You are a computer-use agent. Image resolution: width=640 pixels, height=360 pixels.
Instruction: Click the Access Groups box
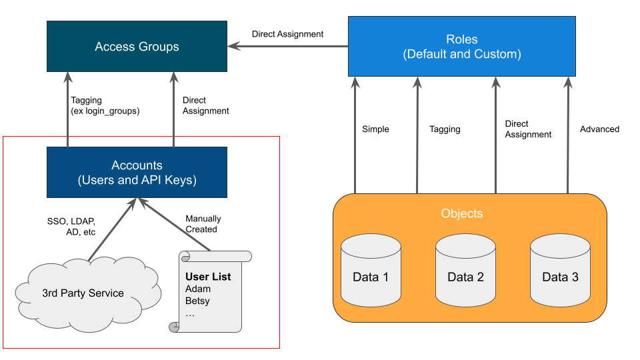[x=137, y=47]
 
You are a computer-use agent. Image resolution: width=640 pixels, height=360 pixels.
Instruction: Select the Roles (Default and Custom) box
[x=461, y=47]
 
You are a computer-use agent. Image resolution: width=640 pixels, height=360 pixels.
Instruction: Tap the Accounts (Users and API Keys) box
[x=137, y=173]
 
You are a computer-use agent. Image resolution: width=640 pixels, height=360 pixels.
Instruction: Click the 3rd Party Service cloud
[x=83, y=293]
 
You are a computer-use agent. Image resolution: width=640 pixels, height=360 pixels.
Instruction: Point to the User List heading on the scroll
[x=208, y=277]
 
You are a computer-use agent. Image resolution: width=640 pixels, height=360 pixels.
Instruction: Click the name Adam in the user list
[x=198, y=289]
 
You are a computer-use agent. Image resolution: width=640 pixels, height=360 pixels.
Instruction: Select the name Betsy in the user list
[x=198, y=301]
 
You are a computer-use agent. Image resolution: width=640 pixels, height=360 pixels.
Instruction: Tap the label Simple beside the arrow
[x=375, y=129]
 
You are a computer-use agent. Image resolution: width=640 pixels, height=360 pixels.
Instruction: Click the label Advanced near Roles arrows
[x=599, y=129]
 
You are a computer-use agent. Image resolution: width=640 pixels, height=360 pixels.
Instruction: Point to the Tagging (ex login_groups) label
[x=105, y=106]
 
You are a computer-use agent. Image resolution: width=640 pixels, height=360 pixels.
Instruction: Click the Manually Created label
[x=203, y=224]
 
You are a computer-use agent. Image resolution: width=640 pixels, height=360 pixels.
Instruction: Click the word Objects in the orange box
[x=461, y=214]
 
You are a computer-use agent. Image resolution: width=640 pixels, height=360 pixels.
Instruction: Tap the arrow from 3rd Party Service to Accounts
[x=111, y=230]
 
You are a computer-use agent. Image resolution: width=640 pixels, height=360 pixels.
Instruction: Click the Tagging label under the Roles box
[x=445, y=129]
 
